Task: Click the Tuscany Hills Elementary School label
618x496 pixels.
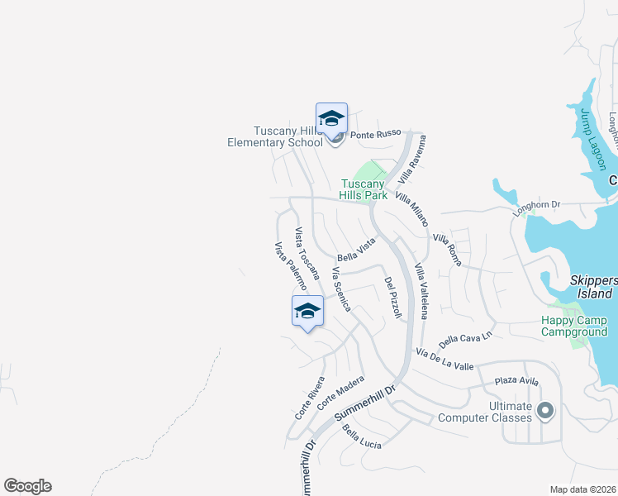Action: click(275, 136)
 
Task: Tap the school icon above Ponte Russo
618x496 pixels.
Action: click(331, 118)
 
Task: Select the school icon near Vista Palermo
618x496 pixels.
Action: click(307, 312)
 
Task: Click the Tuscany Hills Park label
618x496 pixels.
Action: click(365, 189)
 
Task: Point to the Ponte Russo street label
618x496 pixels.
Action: click(375, 134)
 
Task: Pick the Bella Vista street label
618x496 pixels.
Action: click(356, 250)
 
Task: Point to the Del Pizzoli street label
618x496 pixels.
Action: click(392, 298)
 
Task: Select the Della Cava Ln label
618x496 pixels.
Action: click(465, 337)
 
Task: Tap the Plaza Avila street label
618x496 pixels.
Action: click(516, 381)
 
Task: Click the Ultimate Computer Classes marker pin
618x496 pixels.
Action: click(545, 410)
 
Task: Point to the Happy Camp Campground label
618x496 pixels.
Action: click(574, 326)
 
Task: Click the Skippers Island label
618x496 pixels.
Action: click(593, 287)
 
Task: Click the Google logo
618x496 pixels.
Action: click(27, 486)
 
